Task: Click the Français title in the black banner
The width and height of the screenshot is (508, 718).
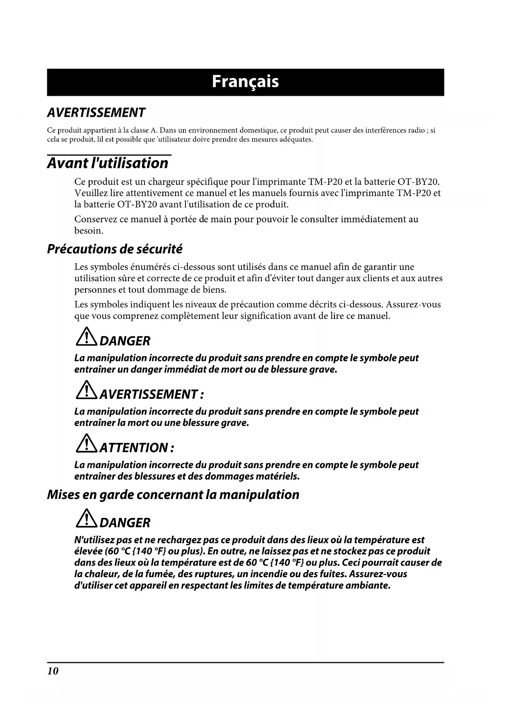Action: pos(245,82)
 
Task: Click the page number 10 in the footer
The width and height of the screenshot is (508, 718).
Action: pos(53,671)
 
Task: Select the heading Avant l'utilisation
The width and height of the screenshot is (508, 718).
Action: pos(108,163)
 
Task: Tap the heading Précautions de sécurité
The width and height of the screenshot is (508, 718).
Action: pos(115,249)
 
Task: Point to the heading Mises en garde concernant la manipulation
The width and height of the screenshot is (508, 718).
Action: pos(173,494)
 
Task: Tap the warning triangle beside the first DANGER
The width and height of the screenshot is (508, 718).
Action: pos(86,338)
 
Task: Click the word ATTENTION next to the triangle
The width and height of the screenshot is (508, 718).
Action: pos(133,448)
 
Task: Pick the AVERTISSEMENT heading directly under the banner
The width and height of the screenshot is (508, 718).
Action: pos(96,113)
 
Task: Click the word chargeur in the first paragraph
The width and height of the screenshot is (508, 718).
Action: pos(166,182)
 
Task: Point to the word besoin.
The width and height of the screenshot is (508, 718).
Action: pos(88,231)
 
